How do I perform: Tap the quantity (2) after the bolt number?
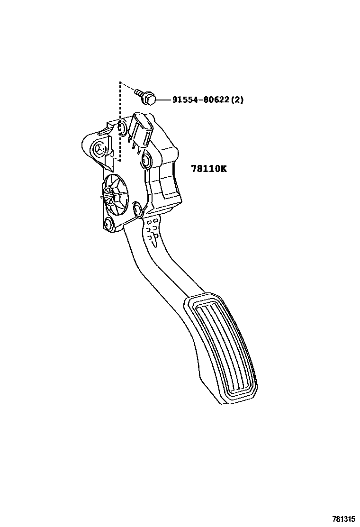[237, 100]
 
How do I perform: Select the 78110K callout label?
[208, 168]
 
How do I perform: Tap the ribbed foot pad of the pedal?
[223, 346]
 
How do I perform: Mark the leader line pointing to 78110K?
[182, 168]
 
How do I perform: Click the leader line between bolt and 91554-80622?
[162, 100]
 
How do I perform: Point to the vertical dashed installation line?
[120, 123]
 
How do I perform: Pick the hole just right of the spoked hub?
[138, 208]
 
